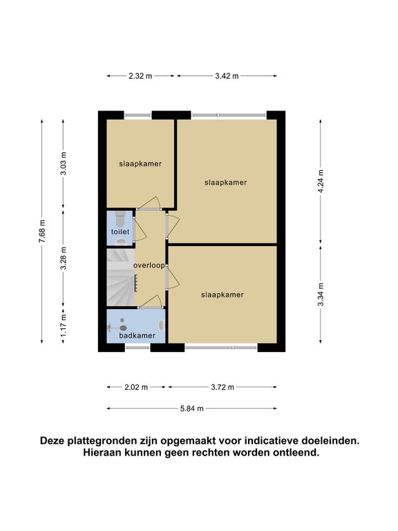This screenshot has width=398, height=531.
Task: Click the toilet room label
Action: click(x=120, y=232)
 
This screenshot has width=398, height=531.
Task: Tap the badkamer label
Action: click(x=137, y=335)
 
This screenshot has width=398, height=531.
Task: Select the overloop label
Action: click(x=149, y=265)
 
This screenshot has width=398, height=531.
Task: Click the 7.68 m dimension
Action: click(x=42, y=232)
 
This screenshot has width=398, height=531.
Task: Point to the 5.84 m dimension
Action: click(x=192, y=409)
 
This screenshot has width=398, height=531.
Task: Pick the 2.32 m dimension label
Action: click(x=140, y=76)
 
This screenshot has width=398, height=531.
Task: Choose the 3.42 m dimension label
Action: click(x=227, y=76)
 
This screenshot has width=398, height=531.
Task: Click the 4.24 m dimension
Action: click(x=321, y=181)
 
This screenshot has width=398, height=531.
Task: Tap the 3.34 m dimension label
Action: click(x=321, y=295)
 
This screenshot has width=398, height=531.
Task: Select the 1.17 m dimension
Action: click(x=64, y=326)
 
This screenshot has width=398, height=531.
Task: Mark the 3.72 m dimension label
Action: click(x=222, y=387)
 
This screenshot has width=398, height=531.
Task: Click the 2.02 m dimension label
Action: click(x=136, y=387)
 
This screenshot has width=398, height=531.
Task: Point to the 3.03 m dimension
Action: click(x=64, y=164)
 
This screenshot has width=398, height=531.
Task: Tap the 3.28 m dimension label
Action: click(x=64, y=259)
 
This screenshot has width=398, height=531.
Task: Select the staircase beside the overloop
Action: click(x=120, y=277)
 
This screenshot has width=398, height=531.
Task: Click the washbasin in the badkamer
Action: click(x=162, y=326)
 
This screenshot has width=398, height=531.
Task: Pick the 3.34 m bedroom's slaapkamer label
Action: click(x=222, y=295)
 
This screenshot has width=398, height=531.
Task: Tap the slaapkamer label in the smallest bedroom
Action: click(x=140, y=164)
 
